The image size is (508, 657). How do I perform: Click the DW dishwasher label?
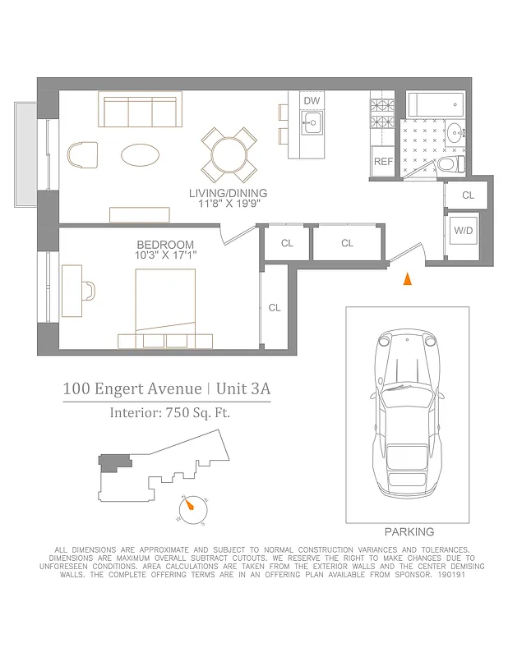point(312,101)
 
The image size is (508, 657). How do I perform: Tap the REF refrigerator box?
point(383,161)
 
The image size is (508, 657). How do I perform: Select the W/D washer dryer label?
point(464,232)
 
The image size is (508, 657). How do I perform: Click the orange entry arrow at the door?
point(405,280)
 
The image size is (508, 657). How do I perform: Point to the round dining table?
point(229,154)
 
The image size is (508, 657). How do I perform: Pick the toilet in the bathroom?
point(448,165)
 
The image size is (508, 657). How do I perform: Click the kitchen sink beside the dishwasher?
point(312,126)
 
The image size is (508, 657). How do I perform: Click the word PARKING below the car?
point(409,532)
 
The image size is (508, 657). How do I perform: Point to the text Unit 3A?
point(245,388)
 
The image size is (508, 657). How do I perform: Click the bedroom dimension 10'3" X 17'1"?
point(165,255)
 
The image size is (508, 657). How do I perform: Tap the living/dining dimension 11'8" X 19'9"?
point(229,204)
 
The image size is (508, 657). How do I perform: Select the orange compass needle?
point(192,507)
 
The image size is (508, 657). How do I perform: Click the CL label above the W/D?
point(468,195)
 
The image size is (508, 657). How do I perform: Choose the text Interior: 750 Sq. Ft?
point(169,413)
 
